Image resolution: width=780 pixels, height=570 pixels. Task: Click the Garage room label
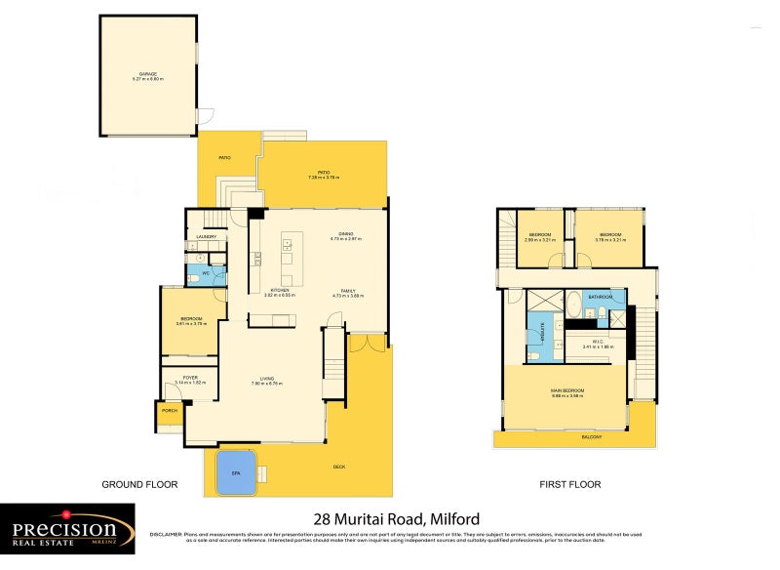[x=147, y=74]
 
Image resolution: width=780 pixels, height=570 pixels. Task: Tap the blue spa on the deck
[x=234, y=470]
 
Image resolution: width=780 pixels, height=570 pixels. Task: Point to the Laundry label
[x=206, y=237]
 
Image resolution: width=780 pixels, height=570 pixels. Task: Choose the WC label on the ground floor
[x=206, y=272]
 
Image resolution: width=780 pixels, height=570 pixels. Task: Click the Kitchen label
[x=281, y=290]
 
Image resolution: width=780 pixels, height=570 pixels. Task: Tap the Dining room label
[x=346, y=233]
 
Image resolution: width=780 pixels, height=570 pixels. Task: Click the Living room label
[x=266, y=378]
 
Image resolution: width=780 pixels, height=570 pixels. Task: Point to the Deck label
[x=338, y=468]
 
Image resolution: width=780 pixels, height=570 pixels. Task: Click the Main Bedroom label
[x=566, y=390]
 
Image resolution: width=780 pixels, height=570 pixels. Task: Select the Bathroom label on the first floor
[x=600, y=296]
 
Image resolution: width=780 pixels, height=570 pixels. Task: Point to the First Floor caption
[x=571, y=484]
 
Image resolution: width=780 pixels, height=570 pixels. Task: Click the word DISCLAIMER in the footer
[x=167, y=535]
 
